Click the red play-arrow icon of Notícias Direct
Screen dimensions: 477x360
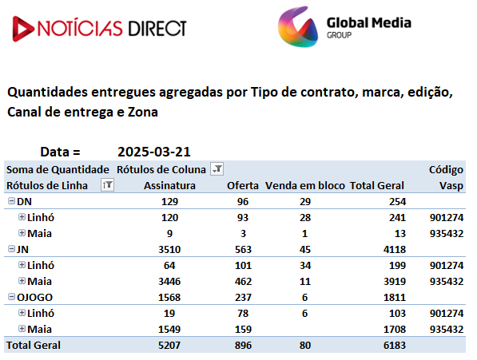click(x=22, y=29)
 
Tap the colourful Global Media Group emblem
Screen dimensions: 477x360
click(x=298, y=26)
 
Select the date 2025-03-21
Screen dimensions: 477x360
click(x=154, y=152)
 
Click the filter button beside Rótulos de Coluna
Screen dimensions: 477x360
click(x=217, y=169)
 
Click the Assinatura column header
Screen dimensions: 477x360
click(x=169, y=185)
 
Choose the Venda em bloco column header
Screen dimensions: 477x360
click(x=305, y=185)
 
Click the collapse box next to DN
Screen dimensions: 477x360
click(x=11, y=201)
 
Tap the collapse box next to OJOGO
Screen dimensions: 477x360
click(x=11, y=296)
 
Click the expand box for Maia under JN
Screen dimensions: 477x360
click(x=22, y=280)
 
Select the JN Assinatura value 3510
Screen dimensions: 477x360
click(x=169, y=249)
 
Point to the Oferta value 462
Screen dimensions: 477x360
click(x=243, y=281)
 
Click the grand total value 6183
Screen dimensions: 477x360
click(x=395, y=345)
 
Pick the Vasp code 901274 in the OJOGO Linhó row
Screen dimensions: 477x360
click(x=447, y=313)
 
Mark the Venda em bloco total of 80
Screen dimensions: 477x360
click(x=305, y=345)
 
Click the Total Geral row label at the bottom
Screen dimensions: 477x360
click(x=34, y=345)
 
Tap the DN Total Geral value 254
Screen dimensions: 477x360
click(x=398, y=201)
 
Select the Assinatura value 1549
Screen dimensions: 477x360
click(x=169, y=330)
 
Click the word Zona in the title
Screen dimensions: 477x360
click(x=143, y=112)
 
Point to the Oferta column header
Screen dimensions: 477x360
click(x=243, y=185)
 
